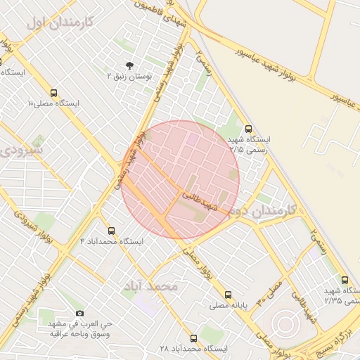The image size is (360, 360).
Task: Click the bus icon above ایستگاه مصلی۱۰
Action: (54, 93)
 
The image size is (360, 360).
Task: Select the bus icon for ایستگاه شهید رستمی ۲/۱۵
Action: (248, 129)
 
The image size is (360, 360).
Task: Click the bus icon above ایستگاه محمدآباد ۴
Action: (111, 231)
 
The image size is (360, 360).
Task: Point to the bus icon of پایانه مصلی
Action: (227, 295)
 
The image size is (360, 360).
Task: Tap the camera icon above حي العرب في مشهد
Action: (79, 313)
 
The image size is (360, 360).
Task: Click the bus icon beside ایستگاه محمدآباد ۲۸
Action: (193, 338)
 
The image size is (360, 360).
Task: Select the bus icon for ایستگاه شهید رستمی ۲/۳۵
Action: (344, 280)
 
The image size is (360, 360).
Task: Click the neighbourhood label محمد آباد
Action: (151, 286)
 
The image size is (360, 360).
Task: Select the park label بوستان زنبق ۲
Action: (129, 75)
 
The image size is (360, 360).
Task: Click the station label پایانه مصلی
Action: (227, 306)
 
